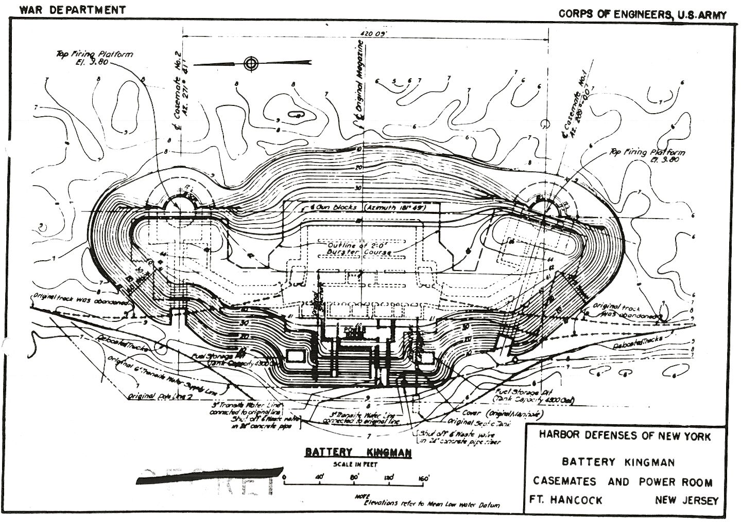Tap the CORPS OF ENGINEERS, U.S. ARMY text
coord(643,14)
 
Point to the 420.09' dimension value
coord(370,34)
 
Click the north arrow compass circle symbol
coord(251,64)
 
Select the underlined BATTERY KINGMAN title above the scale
coord(358,453)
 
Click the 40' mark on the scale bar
coord(319,478)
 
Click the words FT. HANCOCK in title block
coord(565,500)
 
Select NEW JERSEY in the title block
coord(686,500)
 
